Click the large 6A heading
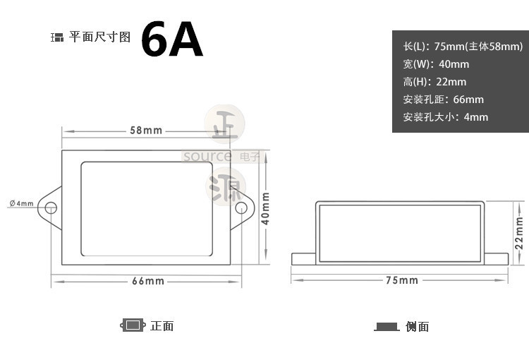(x=172, y=40)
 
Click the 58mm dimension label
(x=146, y=131)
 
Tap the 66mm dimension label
(x=148, y=281)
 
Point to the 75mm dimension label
(x=401, y=280)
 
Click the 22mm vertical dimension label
(x=519, y=232)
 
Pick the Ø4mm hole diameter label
(x=21, y=203)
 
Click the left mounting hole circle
(x=51, y=208)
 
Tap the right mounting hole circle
(x=241, y=208)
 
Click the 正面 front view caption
(x=162, y=325)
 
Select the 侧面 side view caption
(x=418, y=326)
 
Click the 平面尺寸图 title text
(x=99, y=37)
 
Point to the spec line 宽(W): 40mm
(x=436, y=64)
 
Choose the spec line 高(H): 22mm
(x=434, y=82)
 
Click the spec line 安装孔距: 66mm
(x=443, y=100)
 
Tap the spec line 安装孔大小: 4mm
(x=445, y=117)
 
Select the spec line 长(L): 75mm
(x=463, y=47)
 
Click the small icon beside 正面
(x=132, y=325)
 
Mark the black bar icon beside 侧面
(x=387, y=327)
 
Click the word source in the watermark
(x=207, y=156)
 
